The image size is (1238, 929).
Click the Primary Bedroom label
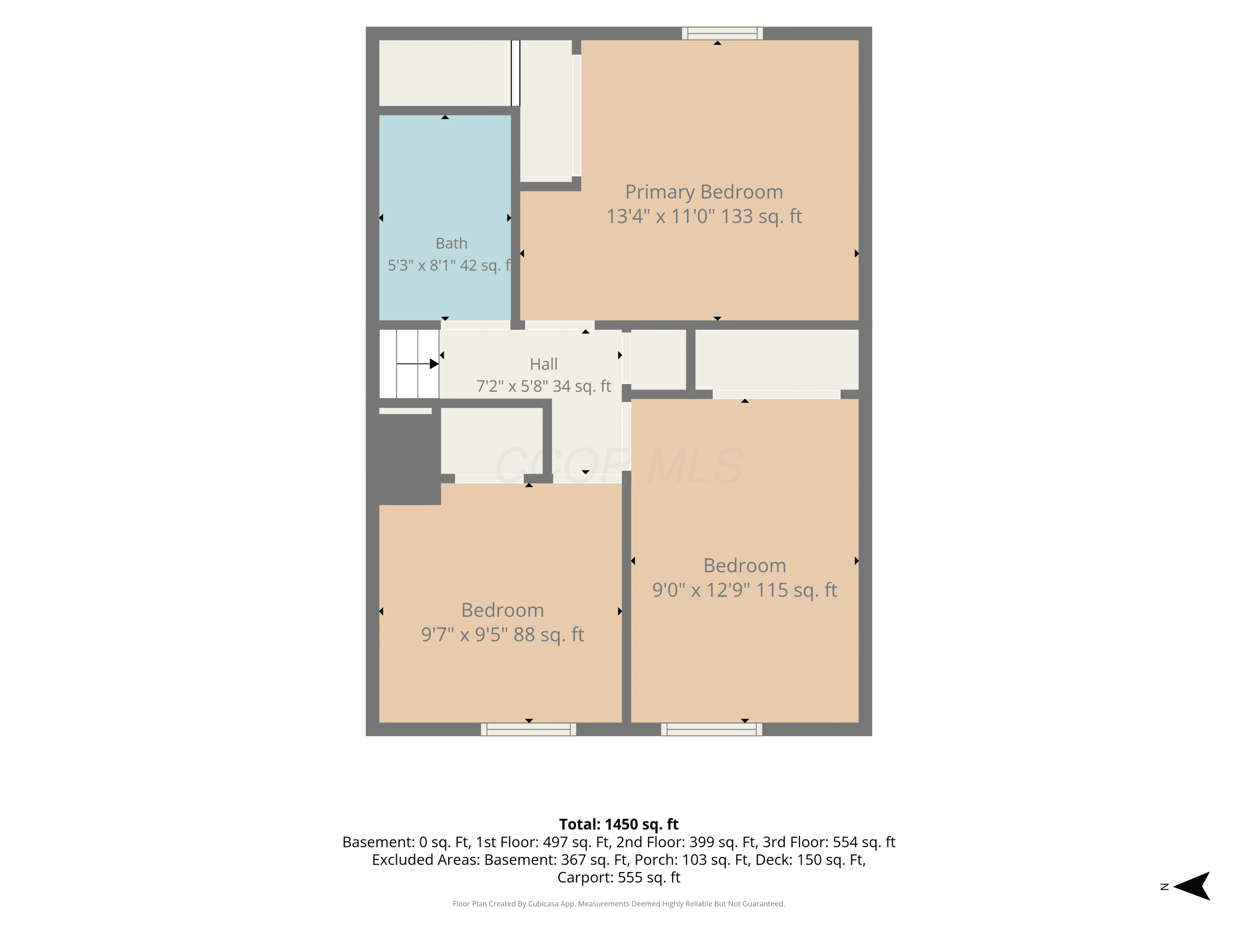[704, 192]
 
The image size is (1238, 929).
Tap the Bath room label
[451, 244]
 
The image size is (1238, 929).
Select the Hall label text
[543, 365]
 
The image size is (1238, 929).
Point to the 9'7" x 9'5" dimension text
[465, 635]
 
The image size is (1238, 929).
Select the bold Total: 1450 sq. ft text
[619, 824]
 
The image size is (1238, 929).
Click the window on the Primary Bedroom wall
[722, 33]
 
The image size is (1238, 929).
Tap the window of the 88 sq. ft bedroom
[528, 729]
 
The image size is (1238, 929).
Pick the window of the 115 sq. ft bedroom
[711, 729]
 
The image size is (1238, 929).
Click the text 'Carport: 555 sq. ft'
[619, 877]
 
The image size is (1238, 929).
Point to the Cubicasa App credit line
[619, 904]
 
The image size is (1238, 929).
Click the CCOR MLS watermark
[619, 466]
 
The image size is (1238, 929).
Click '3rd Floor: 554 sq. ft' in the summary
[829, 842]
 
